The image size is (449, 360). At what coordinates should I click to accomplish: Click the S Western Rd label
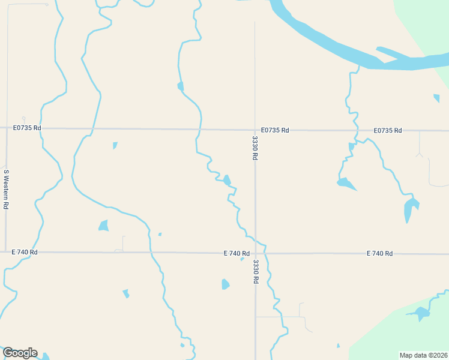6,189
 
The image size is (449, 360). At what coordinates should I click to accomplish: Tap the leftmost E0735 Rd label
28,128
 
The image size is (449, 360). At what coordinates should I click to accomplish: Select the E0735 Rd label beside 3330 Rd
275,130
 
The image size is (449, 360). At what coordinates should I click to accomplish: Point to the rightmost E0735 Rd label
387,130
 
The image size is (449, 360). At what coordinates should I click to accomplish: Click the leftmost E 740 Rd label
25,252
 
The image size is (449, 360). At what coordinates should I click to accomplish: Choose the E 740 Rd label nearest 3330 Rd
237,253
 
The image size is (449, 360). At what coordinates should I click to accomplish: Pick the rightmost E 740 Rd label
379,254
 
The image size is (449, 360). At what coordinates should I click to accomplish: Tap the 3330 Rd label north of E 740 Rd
255,148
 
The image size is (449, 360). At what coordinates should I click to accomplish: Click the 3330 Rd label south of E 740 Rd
256,271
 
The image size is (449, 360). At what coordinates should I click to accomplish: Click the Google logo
20,353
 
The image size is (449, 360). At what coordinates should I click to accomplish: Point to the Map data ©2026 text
424,355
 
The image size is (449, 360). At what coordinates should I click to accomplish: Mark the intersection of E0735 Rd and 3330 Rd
255,130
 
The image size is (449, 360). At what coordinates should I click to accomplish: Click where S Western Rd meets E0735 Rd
6,128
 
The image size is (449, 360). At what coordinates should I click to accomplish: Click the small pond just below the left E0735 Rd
115,145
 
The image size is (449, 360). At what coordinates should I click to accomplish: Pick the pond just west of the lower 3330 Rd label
225,284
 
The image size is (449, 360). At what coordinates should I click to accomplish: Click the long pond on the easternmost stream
410,209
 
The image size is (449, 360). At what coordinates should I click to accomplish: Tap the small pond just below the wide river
436,98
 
